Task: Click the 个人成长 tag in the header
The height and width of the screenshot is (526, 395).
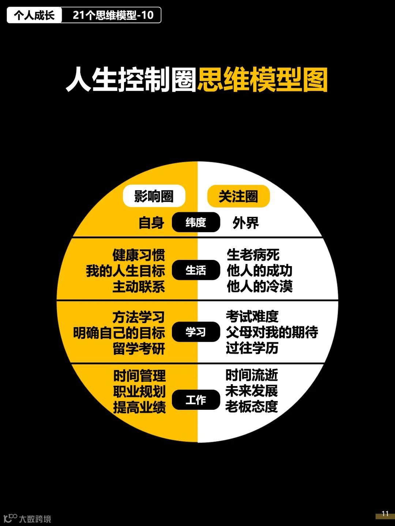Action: (x=34, y=15)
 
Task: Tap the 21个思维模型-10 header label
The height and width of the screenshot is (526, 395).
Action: (x=113, y=15)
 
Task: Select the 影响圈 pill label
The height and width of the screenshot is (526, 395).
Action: (x=154, y=196)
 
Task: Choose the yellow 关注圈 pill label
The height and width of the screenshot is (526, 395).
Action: (x=238, y=196)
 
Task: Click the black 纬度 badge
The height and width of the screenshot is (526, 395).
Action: (x=196, y=222)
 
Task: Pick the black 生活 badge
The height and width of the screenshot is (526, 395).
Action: (x=196, y=270)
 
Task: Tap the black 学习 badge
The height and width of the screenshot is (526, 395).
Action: (x=196, y=332)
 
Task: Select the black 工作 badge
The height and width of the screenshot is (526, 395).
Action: (x=196, y=400)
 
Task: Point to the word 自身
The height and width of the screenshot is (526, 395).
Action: (x=151, y=223)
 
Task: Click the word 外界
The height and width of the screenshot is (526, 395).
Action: (x=246, y=223)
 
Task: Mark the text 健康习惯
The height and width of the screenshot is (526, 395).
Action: (x=139, y=255)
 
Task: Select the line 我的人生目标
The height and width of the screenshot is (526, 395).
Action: (x=125, y=271)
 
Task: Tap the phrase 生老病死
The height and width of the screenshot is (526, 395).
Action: (x=253, y=255)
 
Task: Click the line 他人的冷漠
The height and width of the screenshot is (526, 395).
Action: (x=260, y=287)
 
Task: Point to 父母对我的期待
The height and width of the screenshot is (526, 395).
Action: (x=272, y=332)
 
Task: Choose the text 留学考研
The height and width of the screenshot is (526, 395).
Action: (x=139, y=349)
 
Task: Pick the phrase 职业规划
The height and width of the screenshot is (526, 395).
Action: (x=139, y=391)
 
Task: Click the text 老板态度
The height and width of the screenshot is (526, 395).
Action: (x=252, y=406)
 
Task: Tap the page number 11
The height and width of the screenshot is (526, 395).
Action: (x=385, y=514)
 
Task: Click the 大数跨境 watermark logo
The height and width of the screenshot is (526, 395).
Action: (x=27, y=518)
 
